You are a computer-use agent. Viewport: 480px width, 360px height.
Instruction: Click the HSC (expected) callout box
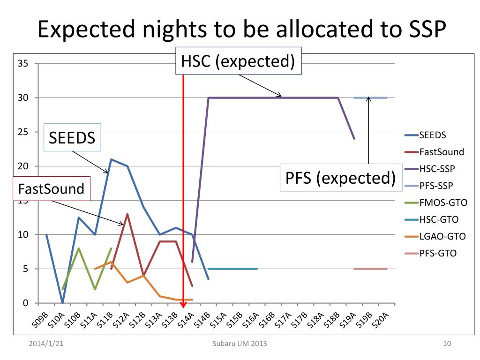point(238,61)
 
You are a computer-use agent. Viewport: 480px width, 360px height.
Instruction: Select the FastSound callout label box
point(51,189)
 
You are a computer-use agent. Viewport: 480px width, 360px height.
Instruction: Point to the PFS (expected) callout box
point(338,178)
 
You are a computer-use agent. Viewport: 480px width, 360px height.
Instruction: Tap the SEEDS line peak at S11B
point(111,159)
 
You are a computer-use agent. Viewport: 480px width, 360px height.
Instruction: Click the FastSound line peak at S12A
point(127,214)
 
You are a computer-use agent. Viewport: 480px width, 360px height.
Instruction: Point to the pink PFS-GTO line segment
point(370,269)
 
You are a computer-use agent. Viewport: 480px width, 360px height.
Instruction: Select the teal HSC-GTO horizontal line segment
point(232,269)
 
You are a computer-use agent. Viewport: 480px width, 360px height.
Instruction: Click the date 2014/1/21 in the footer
point(45,345)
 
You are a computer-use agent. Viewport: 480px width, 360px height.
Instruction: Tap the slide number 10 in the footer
point(447,345)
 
